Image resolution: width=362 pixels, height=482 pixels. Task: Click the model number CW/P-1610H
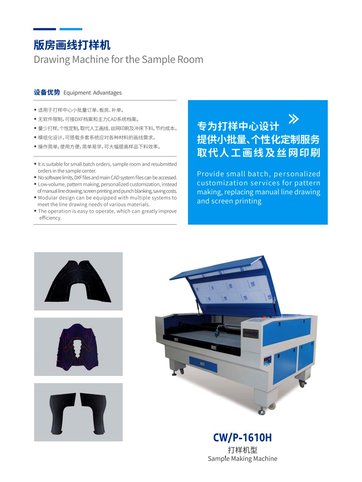pyautogui.click(x=242, y=437)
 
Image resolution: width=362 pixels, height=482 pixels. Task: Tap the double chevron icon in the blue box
pyautogui.click(x=294, y=119)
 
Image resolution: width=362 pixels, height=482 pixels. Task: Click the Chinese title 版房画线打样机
pyautogui.click(x=72, y=45)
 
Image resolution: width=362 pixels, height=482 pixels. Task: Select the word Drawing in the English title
pyautogui.click(x=52, y=59)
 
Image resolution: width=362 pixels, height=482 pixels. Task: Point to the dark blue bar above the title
pyautogui.click(x=44, y=29)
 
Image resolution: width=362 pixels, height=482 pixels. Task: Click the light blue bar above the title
pyautogui.click(x=71, y=29)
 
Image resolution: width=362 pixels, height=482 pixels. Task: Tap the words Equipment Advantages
pyautogui.click(x=93, y=93)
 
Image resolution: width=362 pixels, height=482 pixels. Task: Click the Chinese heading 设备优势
pyautogui.click(x=47, y=92)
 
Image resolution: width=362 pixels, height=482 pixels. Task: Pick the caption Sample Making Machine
pyautogui.click(x=242, y=459)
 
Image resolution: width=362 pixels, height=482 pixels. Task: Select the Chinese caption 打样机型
pyautogui.click(x=242, y=450)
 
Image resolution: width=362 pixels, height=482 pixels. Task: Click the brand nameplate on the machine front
pyautogui.click(x=250, y=333)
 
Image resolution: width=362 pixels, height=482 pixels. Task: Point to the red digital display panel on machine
pyautogui.click(x=267, y=360)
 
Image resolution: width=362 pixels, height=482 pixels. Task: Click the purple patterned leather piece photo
pyautogui.click(x=78, y=347)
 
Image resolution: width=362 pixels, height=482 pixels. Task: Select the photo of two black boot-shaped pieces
pyautogui.click(x=78, y=412)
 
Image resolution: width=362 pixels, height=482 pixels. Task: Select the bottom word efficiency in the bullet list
pyautogui.click(x=50, y=218)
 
